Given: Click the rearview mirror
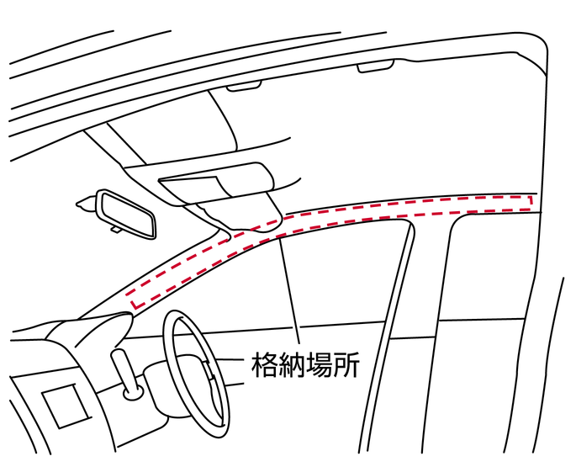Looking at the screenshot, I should [126, 212].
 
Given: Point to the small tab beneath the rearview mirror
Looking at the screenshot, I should [114, 228].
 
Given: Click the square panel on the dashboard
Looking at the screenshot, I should [64, 407].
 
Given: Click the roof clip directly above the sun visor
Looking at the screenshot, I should [244, 86].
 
